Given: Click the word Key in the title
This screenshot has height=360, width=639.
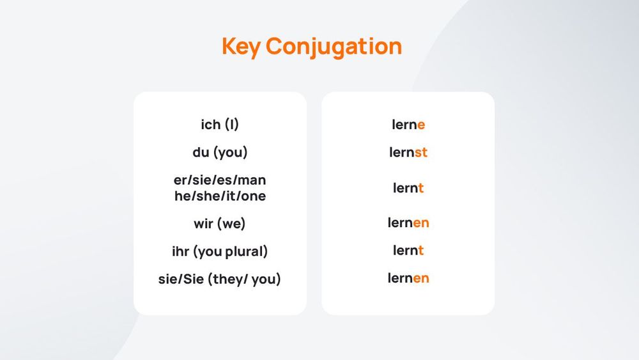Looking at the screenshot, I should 241,47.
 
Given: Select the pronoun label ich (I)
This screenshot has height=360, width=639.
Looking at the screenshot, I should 220,125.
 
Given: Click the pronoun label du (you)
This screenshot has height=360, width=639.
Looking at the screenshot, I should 220,153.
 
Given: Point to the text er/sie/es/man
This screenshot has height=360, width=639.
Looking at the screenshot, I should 220,180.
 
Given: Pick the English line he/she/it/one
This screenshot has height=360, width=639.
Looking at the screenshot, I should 220,196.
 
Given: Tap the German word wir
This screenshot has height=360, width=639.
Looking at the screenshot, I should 204,224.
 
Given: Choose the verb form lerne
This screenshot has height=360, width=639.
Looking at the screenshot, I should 408,125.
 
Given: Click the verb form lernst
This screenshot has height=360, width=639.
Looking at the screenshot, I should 408,153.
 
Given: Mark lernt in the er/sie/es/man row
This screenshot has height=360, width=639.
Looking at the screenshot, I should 408,188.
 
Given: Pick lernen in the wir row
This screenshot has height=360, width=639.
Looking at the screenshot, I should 408,223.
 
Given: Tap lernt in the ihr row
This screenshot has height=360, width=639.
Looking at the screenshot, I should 408,250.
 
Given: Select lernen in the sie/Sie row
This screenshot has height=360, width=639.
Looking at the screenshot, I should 408,278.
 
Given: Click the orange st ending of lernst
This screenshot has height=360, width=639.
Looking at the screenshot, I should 421,153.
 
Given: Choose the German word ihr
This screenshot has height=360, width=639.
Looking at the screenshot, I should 181,251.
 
